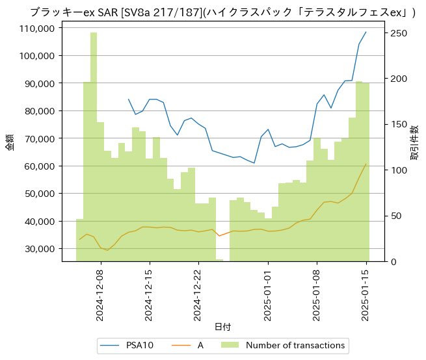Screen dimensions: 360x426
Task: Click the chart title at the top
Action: (x=223, y=12)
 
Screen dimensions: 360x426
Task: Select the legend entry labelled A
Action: (x=200, y=345)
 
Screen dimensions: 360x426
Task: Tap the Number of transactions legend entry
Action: (x=296, y=345)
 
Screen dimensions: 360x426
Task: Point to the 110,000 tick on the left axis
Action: (x=36, y=29)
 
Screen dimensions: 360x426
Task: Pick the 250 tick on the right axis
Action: (x=397, y=33)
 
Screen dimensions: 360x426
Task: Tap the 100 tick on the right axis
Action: (x=397, y=170)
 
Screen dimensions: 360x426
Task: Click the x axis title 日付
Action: (x=222, y=326)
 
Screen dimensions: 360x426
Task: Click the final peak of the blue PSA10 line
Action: (x=366, y=32)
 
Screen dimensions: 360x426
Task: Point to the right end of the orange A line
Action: (x=366, y=164)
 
